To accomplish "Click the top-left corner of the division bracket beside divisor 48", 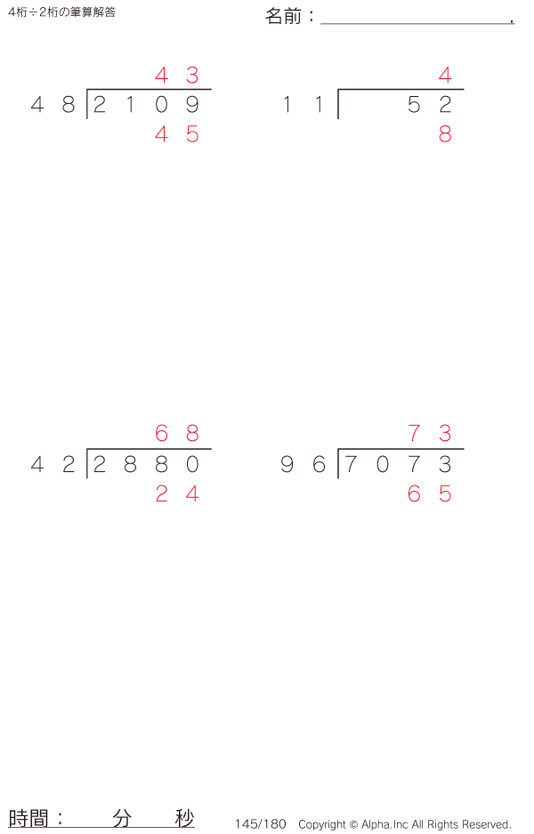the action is (87, 89).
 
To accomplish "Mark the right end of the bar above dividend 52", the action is (464, 89).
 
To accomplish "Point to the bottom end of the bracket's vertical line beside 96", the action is (338, 478).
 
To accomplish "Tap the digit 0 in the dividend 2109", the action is (161, 105).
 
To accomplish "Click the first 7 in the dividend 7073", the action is (351, 464).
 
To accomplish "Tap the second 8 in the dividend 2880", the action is (161, 464).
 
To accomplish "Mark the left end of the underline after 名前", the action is (321, 24).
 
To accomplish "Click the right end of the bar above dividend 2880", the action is (211, 449).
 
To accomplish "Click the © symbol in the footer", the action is (353, 824).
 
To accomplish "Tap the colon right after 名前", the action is (311, 17).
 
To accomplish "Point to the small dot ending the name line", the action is (512, 21).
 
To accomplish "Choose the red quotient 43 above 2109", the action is (177, 75).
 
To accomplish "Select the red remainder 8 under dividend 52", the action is (445, 134).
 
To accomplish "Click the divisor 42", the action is (53, 464).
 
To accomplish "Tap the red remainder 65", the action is (430, 494).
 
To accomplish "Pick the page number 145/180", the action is (261, 824).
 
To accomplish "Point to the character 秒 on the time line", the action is (185, 818).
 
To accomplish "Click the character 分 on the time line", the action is (122, 818).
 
